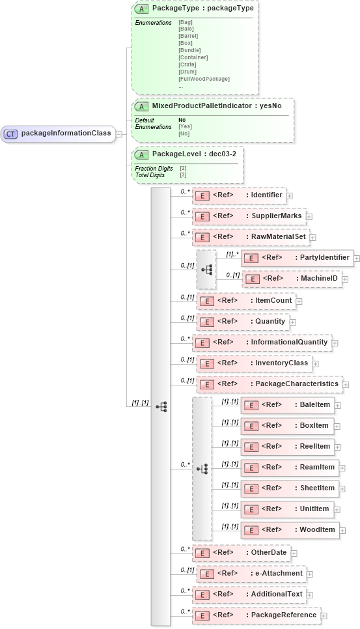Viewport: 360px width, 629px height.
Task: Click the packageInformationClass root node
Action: coord(59,134)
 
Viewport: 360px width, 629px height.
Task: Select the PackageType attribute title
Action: coord(202,9)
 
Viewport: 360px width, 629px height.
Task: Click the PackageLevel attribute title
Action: coord(184,154)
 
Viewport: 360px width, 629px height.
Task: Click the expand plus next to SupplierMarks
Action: coord(310,216)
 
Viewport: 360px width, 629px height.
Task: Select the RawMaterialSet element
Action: coord(251,237)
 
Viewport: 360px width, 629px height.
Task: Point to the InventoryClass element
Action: coord(254,363)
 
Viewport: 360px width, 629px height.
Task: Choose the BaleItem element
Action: coord(287,405)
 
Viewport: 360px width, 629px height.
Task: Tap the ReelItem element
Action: coord(287,446)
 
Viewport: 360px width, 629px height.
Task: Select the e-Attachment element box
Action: coord(251,574)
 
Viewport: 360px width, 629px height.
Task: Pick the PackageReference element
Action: coord(258,615)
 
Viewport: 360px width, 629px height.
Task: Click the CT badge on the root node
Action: coord(11,134)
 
